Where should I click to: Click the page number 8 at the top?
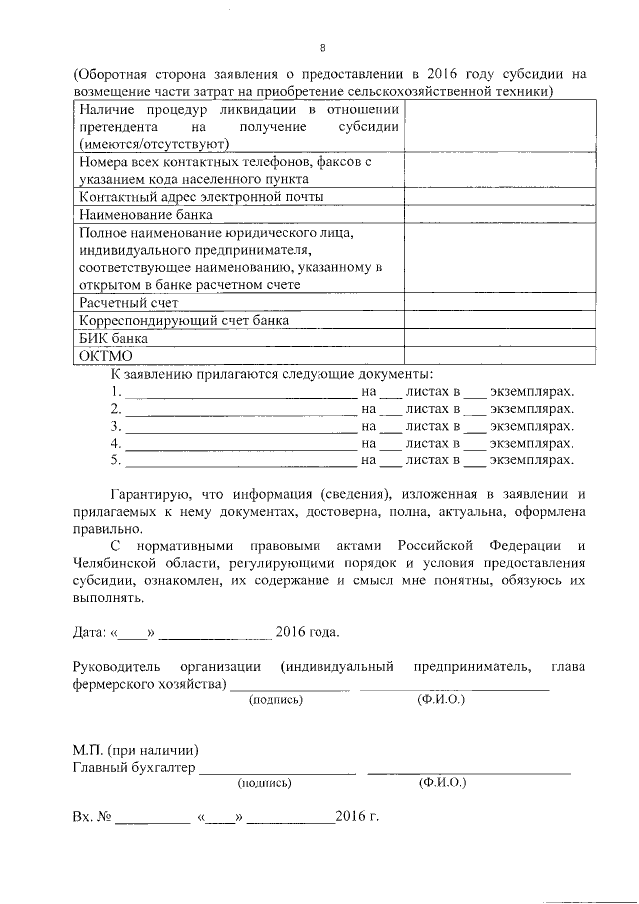[322, 47]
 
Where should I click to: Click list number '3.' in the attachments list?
[117, 427]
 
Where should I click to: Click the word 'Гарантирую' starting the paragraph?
[145, 495]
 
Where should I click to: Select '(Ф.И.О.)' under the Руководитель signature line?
[441, 700]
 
